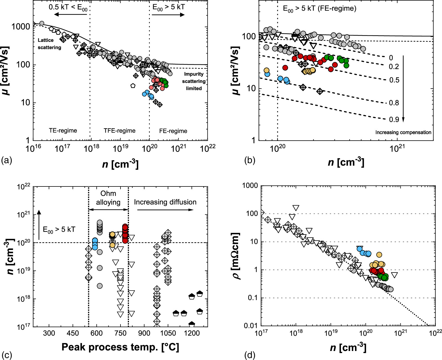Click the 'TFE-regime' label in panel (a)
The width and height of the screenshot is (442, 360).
(119, 131)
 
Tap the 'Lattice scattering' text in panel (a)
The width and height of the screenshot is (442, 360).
(50, 44)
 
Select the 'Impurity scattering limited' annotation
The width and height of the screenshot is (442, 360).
(194, 81)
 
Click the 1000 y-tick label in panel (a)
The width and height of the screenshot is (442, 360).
(20, 27)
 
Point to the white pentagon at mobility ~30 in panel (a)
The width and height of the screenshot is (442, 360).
(133, 85)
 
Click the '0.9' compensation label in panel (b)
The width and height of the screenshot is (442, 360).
(394, 120)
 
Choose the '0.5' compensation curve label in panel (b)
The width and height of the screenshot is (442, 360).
(394, 80)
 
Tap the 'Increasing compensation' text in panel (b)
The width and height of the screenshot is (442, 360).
(403, 132)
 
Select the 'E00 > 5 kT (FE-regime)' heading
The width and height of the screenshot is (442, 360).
(319, 9)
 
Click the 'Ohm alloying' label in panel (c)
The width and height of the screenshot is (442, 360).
(108, 198)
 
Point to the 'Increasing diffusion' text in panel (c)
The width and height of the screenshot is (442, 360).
(165, 202)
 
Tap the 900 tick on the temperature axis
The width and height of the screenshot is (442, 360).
(144, 334)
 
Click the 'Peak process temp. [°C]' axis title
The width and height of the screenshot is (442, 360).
(120, 347)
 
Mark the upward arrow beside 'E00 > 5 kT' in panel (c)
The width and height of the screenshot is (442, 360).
(39, 224)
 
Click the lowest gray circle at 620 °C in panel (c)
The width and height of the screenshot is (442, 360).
(100, 286)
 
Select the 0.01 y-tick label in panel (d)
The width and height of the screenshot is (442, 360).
(251, 326)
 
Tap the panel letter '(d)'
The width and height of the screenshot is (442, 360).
(250, 355)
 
